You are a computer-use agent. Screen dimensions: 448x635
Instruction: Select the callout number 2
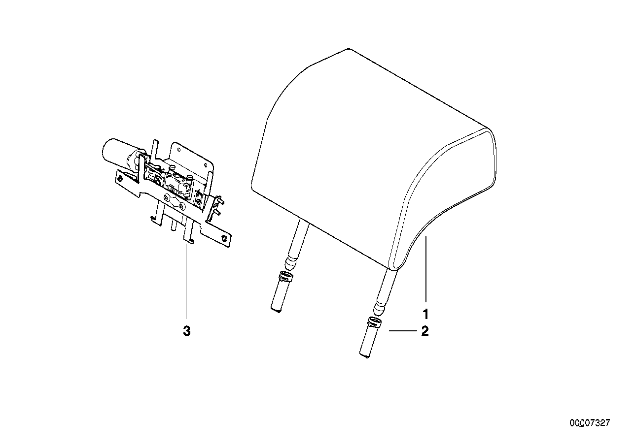(x=424, y=331)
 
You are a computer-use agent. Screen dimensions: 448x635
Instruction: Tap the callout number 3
(x=186, y=331)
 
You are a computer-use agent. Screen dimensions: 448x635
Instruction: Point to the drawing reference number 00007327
(x=590, y=423)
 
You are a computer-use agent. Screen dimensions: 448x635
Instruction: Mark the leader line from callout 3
(x=186, y=281)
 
